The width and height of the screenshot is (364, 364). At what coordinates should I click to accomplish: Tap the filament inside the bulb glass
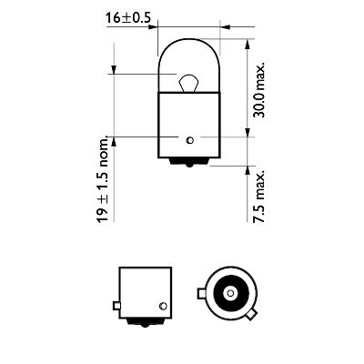(x=188, y=84)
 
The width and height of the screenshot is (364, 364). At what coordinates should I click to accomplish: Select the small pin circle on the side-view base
(x=163, y=305)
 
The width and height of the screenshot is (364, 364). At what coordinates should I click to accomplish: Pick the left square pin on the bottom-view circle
(x=202, y=295)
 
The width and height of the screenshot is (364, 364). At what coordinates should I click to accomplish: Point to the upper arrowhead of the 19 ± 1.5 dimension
(x=113, y=71)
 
